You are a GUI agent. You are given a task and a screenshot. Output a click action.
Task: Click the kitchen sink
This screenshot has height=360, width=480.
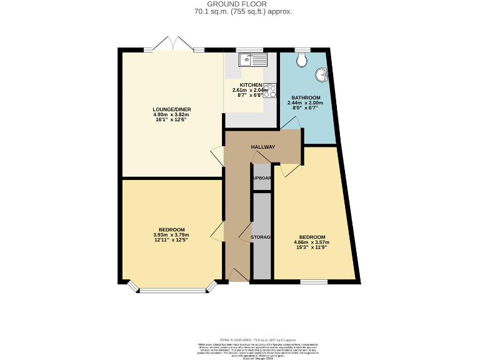(x=254, y=60)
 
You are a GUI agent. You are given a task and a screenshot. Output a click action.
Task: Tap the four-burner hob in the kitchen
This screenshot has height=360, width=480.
(x=270, y=91)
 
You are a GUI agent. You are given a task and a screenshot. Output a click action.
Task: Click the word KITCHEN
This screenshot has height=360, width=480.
(x=251, y=85)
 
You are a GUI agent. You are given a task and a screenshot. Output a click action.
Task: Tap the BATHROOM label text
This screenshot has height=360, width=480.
(x=304, y=97)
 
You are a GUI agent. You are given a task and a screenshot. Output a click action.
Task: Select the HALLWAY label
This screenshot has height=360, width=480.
(x=263, y=147)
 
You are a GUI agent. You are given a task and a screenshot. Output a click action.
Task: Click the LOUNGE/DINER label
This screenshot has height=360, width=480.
(x=172, y=109)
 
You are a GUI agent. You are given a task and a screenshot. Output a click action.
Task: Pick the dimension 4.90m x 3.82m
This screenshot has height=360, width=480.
(x=172, y=115)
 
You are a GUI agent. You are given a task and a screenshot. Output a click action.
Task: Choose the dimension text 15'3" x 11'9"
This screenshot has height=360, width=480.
(x=311, y=248)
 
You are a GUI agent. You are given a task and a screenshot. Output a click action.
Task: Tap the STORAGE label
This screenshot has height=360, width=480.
(x=261, y=237)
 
